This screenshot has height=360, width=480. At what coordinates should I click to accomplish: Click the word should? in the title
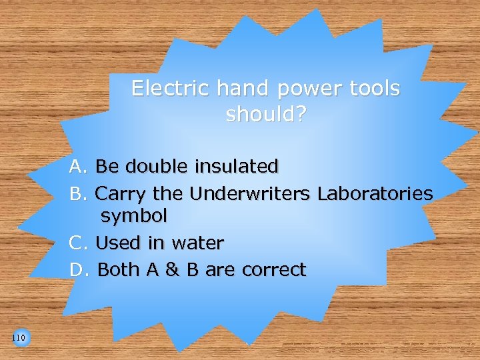pos(266,115)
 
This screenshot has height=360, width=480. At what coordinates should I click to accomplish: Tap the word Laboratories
pos(375,194)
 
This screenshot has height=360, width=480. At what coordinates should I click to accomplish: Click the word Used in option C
pos(115,243)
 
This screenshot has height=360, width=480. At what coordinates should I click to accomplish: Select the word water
pos(198,243)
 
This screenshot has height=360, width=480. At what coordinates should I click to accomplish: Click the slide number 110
pos(19,339)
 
